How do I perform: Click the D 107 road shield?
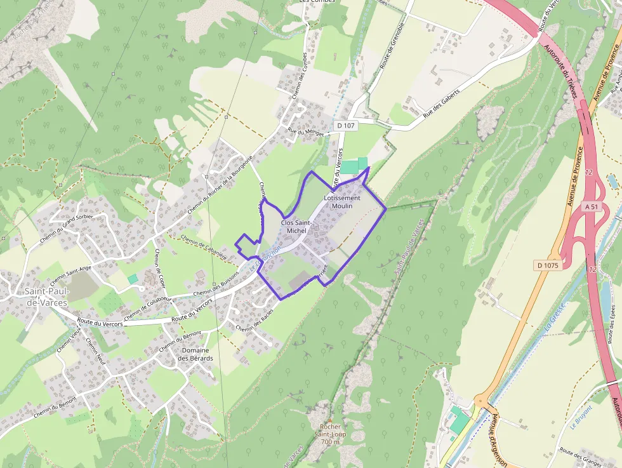point(347,126)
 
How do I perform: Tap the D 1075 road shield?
point(546,265)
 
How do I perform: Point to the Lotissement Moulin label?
point(341,202)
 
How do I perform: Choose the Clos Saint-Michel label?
point(296,227)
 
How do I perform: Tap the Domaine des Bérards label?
point(195,354)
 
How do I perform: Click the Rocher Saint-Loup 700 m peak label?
point(331,434)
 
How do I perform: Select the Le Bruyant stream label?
point(581,417)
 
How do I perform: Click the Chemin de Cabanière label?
point(204,247)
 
